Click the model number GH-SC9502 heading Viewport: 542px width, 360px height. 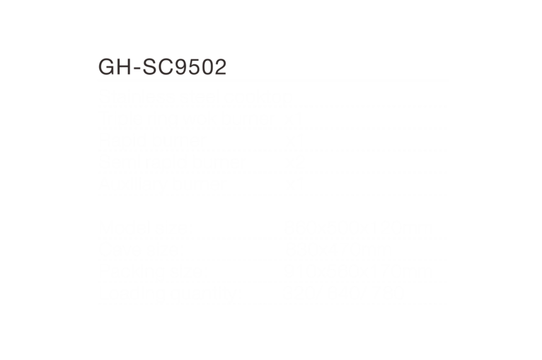[163, 67]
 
